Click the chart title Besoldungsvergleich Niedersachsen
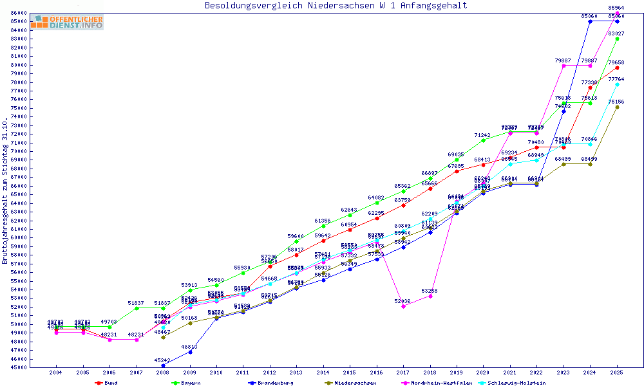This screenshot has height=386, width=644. [x=336, y=6]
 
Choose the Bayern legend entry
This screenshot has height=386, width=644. [x=187, y=383]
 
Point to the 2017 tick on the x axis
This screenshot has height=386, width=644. [x=404, y=372]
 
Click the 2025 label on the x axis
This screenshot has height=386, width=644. [x=617, y=372]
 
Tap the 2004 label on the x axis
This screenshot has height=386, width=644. [x=57, y=372]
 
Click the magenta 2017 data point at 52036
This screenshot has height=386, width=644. [x=404, y=306]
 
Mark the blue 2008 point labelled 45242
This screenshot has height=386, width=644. [x=163, y=365]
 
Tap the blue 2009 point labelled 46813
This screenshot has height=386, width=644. [x=190, y=352]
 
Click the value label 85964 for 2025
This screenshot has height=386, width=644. [x=617, y=8]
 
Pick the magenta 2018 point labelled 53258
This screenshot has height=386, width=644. [x=430, y=296]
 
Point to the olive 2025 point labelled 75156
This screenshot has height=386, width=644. [x=617, y=107]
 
